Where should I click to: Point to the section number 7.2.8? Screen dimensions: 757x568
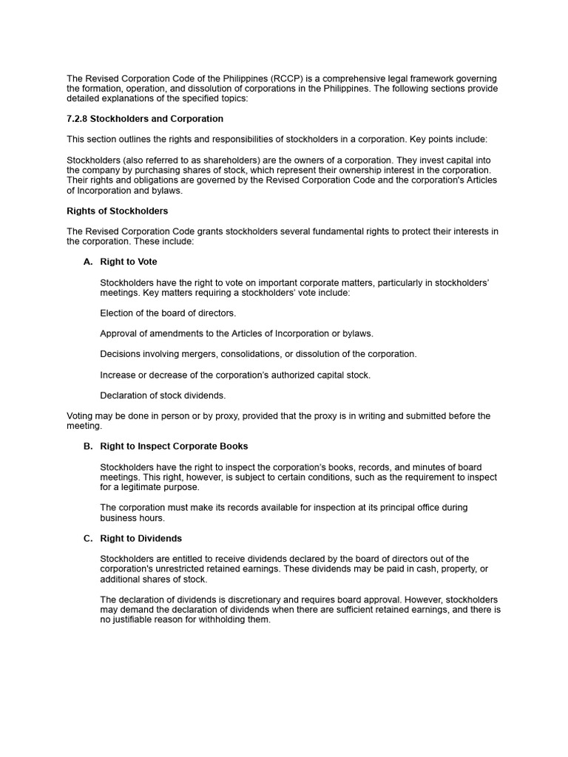[x=77, y=119]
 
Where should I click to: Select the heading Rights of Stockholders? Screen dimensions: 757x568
[x=118, y=211]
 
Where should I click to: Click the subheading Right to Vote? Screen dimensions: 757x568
[x=129, y=262]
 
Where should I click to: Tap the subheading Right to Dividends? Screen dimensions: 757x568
[x=141, y=538]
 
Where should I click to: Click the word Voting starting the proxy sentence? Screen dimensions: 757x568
[x=81, y=416]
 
